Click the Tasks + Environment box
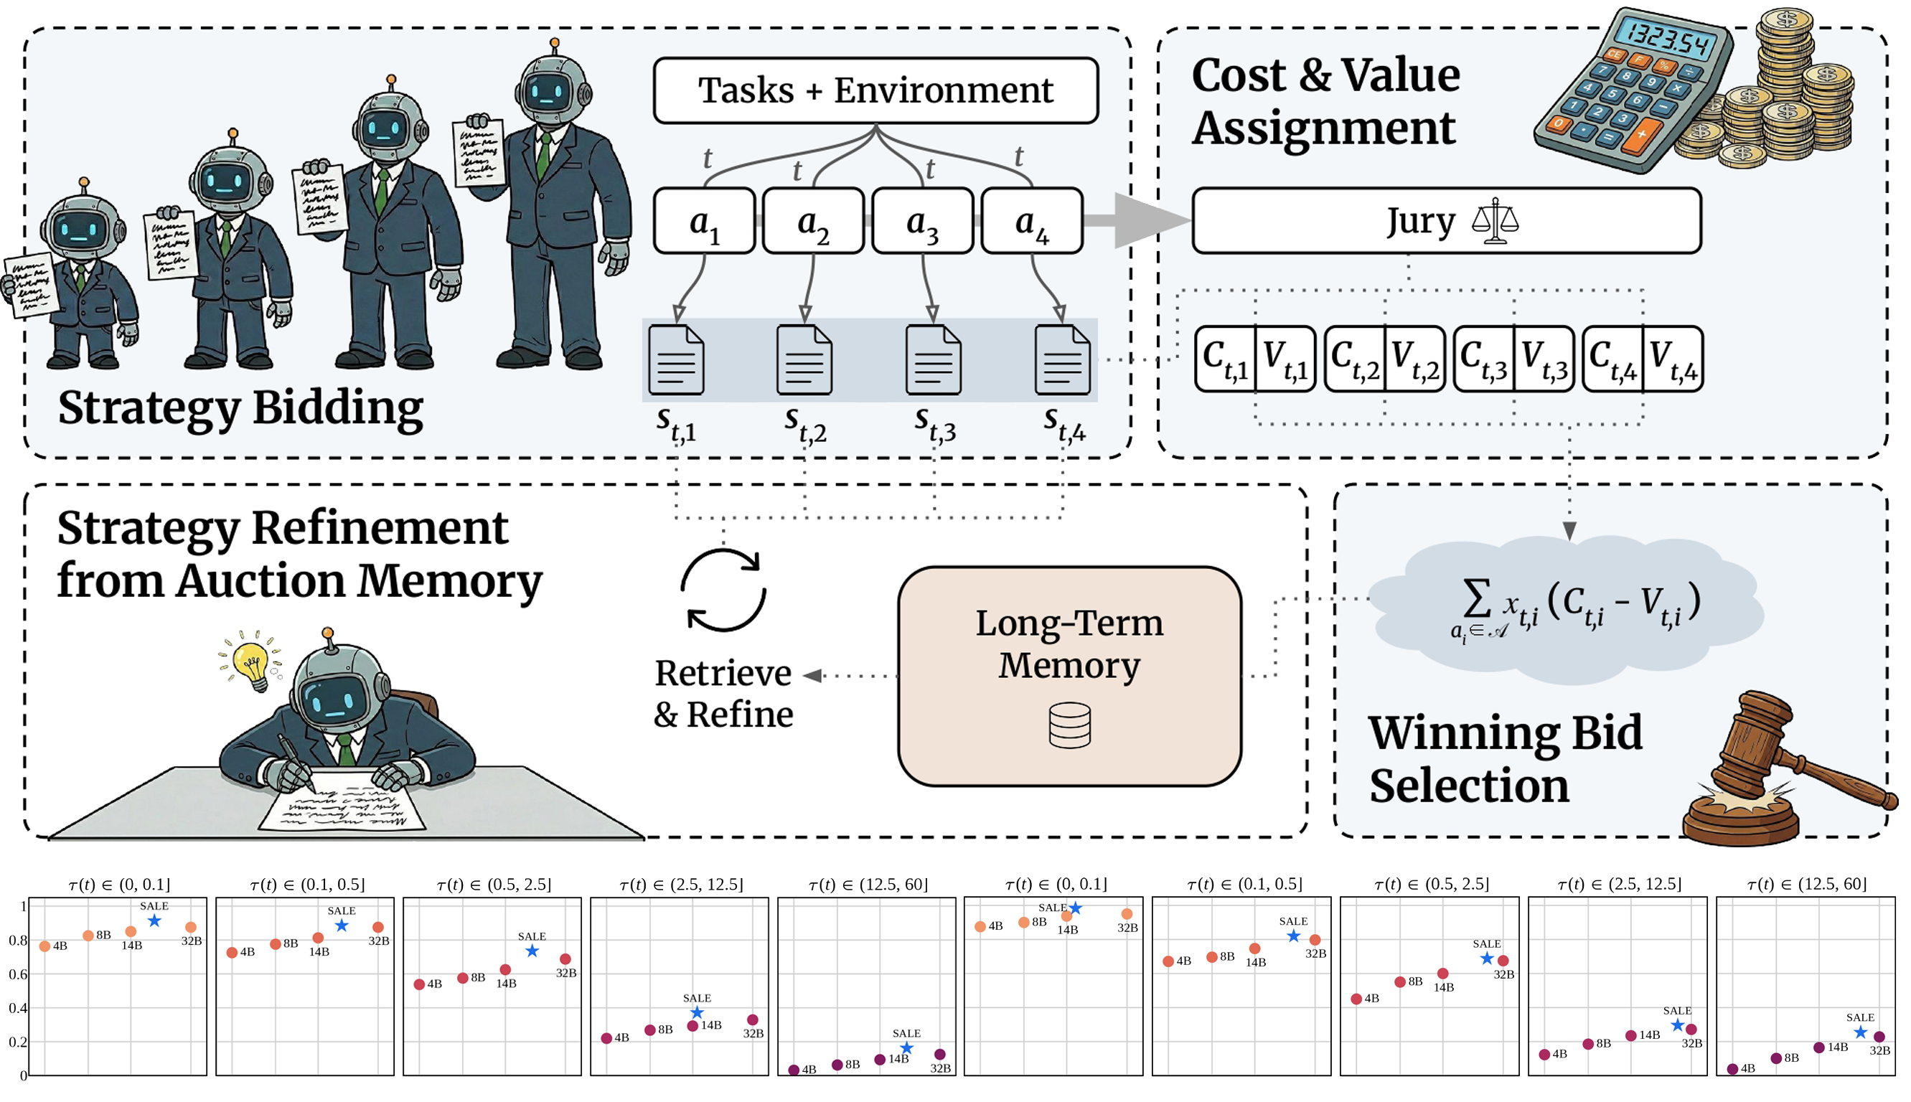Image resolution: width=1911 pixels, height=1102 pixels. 875,90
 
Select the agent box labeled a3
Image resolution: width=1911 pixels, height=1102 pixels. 922,221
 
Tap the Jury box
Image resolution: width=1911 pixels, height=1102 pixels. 1445,221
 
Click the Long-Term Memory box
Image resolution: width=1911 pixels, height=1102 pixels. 1069,676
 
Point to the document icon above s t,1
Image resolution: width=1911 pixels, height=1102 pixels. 677,359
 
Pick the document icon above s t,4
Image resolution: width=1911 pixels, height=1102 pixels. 1062,359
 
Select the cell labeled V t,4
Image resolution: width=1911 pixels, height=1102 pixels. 1673,359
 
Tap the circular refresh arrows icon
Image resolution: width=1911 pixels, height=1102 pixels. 723,590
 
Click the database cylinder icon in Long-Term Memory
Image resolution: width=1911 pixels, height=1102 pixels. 1069,725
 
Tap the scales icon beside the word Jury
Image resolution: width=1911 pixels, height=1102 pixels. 1495,221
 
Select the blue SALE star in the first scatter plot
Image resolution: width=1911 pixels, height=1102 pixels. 154,921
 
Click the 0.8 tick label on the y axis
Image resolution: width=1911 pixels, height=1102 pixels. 17,941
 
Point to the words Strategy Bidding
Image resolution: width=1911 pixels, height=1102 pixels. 240,408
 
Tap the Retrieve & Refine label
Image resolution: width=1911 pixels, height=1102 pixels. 723,693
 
